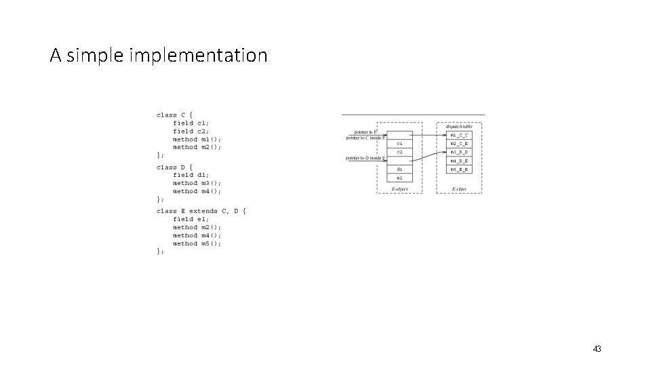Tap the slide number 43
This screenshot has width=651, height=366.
[x=597, y=349]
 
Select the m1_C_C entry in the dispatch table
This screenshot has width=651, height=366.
[x=459, y=135]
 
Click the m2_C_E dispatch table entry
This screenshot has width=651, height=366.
[x=459, y=144]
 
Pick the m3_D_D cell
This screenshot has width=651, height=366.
[x=459, y=152]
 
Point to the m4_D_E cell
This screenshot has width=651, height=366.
[x=459, y=161]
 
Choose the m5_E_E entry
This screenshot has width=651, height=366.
[x=459, y=169]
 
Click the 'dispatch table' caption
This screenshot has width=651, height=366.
[x=459, y=126]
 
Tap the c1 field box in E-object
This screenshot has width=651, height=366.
[x=400, y=144]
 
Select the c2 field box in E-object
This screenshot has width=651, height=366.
[x=400, y=152]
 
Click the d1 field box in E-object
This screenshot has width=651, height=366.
[x=400, y=169]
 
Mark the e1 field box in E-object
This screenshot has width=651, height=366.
[x=400, y=178]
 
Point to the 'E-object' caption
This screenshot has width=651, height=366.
[x=399, y=188]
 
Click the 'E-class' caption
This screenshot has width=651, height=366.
[x=459, y=188]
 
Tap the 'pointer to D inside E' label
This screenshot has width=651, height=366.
[x=366, y=158]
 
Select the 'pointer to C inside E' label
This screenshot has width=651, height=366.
[x=366, y=138]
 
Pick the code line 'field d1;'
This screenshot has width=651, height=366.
[x=191, y=175]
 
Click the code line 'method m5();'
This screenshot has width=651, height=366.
[x=197, y=243]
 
